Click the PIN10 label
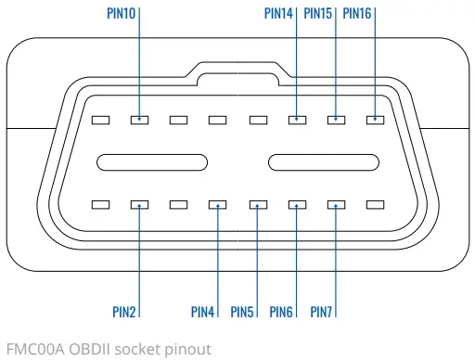(120, 14)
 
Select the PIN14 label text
(278, 14)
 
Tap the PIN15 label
(317, 14)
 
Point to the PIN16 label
(357, 14)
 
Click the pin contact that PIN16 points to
(375, 120)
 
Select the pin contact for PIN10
(139, 120)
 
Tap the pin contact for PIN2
(139, 204)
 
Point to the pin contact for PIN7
(336, 204)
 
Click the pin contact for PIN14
(297, 120)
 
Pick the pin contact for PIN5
(257, 204)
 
